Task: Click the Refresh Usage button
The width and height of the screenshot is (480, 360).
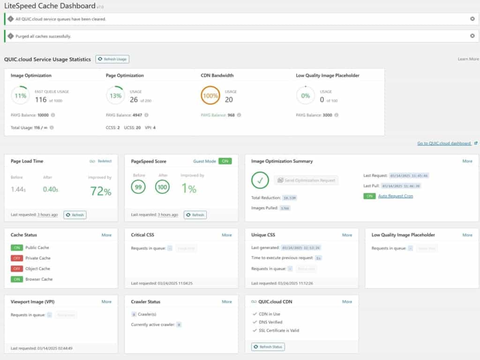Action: coord(112,59)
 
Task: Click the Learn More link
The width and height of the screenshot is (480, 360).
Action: coord(468,59)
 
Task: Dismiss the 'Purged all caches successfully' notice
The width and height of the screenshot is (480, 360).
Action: coord(472,36)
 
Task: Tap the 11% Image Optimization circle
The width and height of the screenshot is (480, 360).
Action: coord(20,96)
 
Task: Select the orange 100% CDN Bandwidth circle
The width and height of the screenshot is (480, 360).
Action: coord(210,96)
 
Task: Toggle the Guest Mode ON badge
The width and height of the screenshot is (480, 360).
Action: coord(225,161)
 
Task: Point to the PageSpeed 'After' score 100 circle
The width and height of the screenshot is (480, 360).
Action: coord(163,187)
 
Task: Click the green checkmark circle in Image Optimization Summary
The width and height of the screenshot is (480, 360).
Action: coord(260,180)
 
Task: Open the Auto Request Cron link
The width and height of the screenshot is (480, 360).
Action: coord(395,196)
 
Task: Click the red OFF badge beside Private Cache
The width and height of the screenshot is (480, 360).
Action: coord(17,258)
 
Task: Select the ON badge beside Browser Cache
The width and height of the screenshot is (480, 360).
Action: coord(17,279)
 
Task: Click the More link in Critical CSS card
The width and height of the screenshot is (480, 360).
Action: coord(227,235)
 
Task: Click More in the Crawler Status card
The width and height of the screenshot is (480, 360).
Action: coord(227,302)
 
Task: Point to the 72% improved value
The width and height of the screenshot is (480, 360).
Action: coord(100,191)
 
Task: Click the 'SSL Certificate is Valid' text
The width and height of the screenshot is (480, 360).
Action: coord(279,330)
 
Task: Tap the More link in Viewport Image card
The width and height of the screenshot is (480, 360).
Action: coord(106,302)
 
